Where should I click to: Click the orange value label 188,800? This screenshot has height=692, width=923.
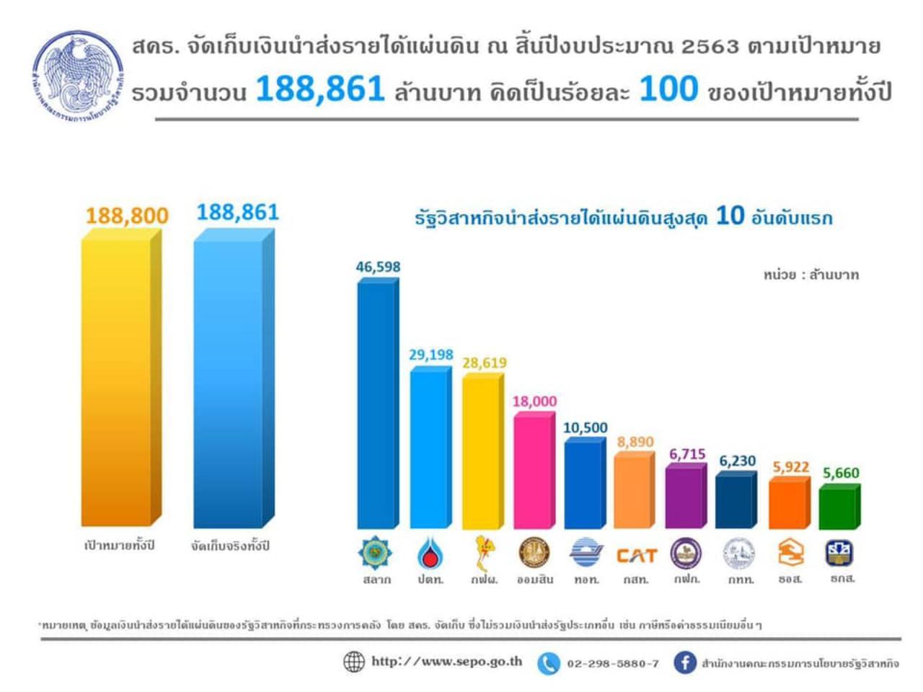(127, 216)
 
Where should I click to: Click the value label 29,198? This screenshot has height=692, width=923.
(431, 355)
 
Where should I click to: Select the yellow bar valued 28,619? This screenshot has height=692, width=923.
(481, 451)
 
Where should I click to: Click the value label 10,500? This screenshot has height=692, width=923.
(585, 427)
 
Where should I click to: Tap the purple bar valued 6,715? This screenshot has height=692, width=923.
(684, 497)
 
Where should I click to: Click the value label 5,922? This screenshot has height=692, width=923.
(791, 467)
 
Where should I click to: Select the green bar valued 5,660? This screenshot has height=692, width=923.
(838, 508)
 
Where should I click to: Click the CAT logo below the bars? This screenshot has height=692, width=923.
(636, 555)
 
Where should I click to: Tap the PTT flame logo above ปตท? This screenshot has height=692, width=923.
(430, 554)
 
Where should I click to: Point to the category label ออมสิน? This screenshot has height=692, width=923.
(534, 580)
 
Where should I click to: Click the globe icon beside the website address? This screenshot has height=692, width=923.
(353, 662)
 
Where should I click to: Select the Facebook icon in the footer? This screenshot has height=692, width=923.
(684, 662)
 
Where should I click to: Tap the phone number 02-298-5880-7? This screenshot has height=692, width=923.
(612, 663)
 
